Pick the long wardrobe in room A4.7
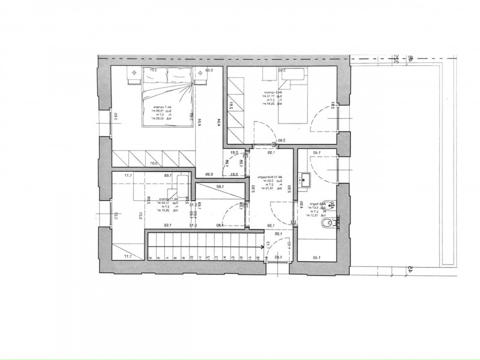click(154, 158)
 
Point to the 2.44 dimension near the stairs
click(289, 244)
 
